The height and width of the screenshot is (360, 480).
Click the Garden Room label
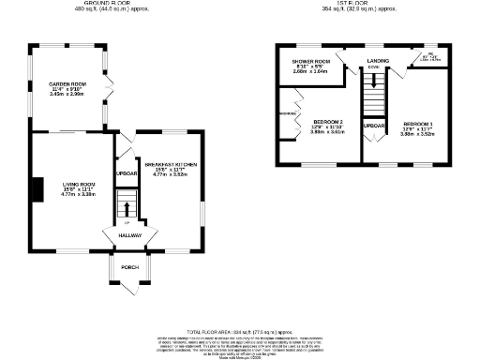point(67,83)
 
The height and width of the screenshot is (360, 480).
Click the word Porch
point(128,267)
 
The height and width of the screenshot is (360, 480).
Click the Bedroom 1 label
point(419,124)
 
